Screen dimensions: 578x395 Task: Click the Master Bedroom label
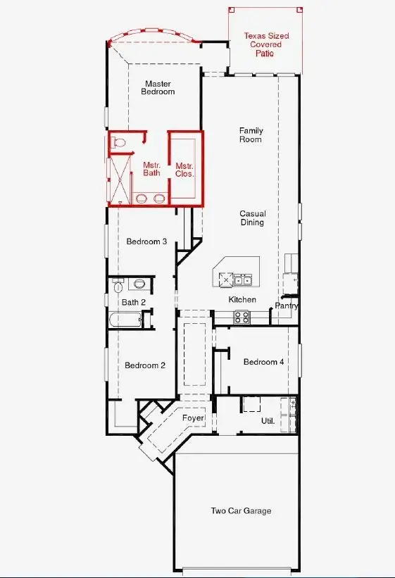point(158,88)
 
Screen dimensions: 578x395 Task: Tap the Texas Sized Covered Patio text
point(267,44)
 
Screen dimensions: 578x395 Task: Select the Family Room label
point(251,134)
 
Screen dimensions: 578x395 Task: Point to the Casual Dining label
point(252,218)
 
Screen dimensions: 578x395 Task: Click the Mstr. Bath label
point(151,168)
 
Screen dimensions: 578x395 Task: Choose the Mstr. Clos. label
point(184,168)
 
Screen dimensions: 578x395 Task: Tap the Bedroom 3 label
point(146,241)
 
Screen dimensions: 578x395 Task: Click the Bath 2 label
point(133,302)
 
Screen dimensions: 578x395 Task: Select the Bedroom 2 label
point(145,365)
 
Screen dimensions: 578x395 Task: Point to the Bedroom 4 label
point(264,362)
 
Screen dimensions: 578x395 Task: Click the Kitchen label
point(242,300)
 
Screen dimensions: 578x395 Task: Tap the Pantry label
point(287,306)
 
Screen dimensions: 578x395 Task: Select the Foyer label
point(193,418)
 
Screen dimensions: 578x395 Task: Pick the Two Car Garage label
point(241,511)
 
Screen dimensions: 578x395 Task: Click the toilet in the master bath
point(120,142)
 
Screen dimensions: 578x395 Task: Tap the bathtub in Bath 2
point(125,320)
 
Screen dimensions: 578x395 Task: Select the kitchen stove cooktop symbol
point(242,318)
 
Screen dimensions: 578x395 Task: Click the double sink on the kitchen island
point(244,280)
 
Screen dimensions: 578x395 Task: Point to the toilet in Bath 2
point(139,284)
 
